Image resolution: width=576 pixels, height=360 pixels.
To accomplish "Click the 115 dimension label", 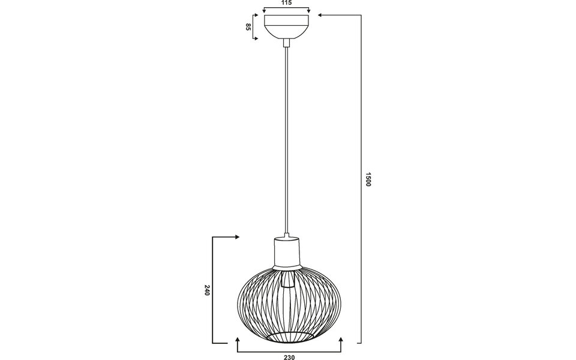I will [287, 4].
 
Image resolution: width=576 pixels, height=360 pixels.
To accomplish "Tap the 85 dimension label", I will [248, 27].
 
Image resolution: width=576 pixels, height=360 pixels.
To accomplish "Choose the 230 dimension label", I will [289, 357].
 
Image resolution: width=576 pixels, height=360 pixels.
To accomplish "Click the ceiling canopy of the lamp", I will [287, 27].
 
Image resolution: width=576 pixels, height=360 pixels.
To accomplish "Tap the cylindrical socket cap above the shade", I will [287, 252].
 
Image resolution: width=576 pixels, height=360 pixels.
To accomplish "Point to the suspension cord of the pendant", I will [287, 138].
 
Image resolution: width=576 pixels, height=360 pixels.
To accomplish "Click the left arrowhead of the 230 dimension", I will [238, 341].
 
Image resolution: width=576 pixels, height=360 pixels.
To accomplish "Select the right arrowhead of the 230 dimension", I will [341, 341].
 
